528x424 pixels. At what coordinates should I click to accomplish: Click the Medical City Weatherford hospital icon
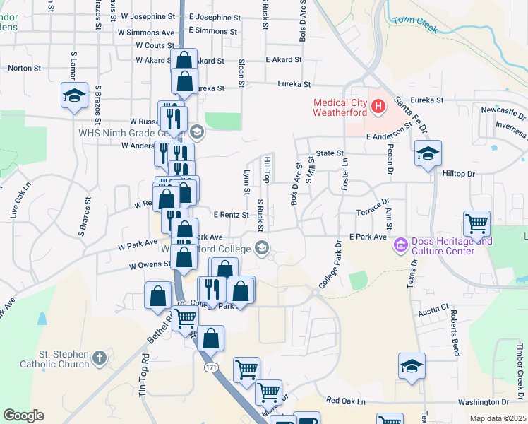click(378, 107)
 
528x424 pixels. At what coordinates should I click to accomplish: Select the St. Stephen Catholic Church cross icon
click(100, 358)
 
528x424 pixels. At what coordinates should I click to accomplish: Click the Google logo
click(23, 416)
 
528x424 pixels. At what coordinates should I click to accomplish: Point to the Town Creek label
click(416, 25)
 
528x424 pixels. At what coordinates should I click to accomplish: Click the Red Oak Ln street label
click(346, 401)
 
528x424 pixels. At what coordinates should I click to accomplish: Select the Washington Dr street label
click(464, 402)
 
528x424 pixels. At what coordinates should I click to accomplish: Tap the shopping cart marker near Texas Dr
click(477, 223)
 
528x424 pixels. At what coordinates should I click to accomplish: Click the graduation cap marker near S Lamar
click(73, 96)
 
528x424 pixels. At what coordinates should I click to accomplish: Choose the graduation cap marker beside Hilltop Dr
click(427, 153)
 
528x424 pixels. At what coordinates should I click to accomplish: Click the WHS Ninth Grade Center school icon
click(196, 131)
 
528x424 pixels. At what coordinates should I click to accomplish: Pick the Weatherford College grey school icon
click(262, 247)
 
